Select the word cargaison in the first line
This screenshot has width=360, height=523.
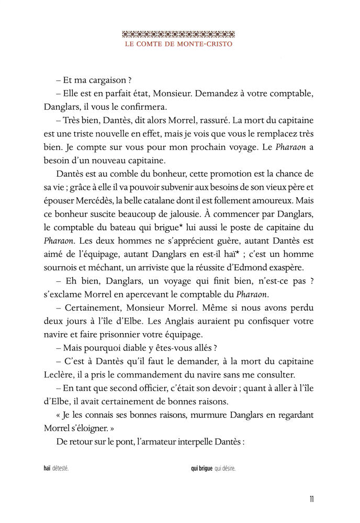pos(104,80)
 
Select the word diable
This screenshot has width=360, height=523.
pos(126,348)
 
